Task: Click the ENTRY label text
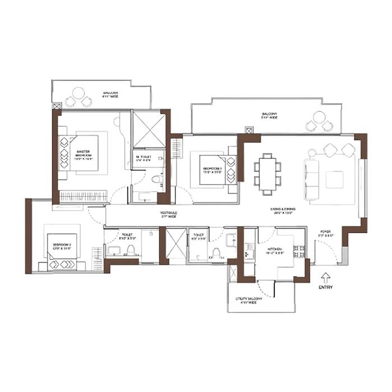click(x=325, y=287)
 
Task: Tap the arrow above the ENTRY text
click(x=325, y=276)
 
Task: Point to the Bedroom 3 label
click(x=213, y=170)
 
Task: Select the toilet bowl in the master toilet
click(x=156, y=180)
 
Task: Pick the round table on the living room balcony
click(x=320, y=121)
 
